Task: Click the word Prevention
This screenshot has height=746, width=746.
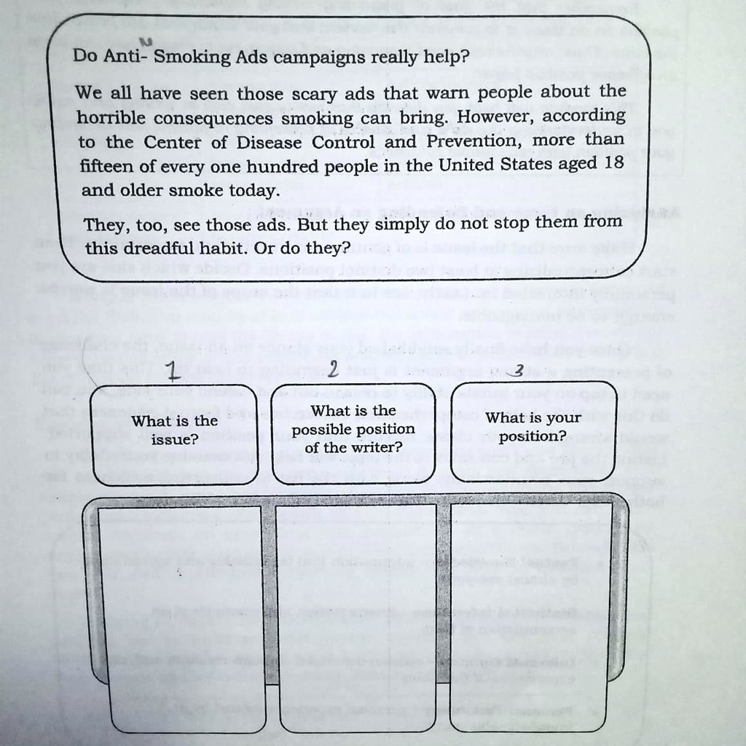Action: (x=472, y=141)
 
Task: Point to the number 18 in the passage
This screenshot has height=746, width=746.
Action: (x=613, y=163)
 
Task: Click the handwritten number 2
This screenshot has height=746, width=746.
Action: (x=332, y=370)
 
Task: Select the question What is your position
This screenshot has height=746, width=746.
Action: (x=533, y=427)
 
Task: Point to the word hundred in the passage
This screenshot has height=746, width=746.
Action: (x=274, y=166)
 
